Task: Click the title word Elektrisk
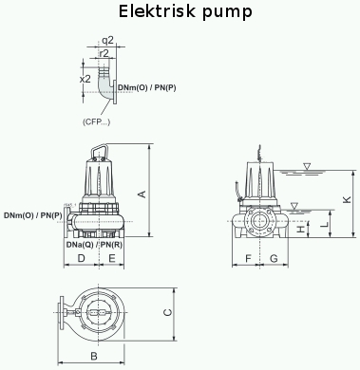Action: [x=157, y=11]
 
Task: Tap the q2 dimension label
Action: [x=107, y=40]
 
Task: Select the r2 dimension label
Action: [x=104, y=53]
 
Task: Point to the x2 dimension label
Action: [x=85, y=79]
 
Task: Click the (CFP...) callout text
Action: [x=97, y=121]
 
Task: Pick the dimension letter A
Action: [x=142, y=194]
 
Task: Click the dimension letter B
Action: [x=94, y=356]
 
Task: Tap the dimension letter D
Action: [x=82, y=258]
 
